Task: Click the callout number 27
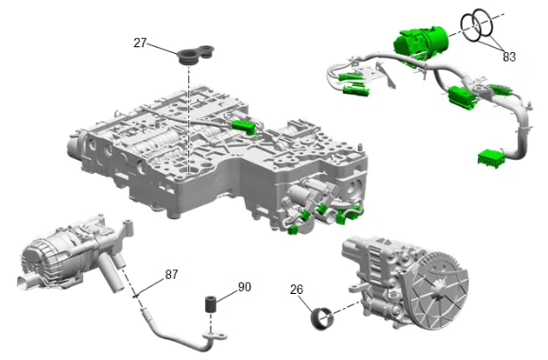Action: tap(140, 43)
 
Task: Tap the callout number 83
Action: tap(509, 57)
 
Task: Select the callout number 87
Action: tap(171, 274)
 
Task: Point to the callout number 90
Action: tap(245, 287)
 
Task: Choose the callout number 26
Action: tap(297, 289)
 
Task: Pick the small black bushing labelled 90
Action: tap(211, 305)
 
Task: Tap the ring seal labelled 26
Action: tap(322, 318)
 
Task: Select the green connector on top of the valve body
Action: tap(245, 127)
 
